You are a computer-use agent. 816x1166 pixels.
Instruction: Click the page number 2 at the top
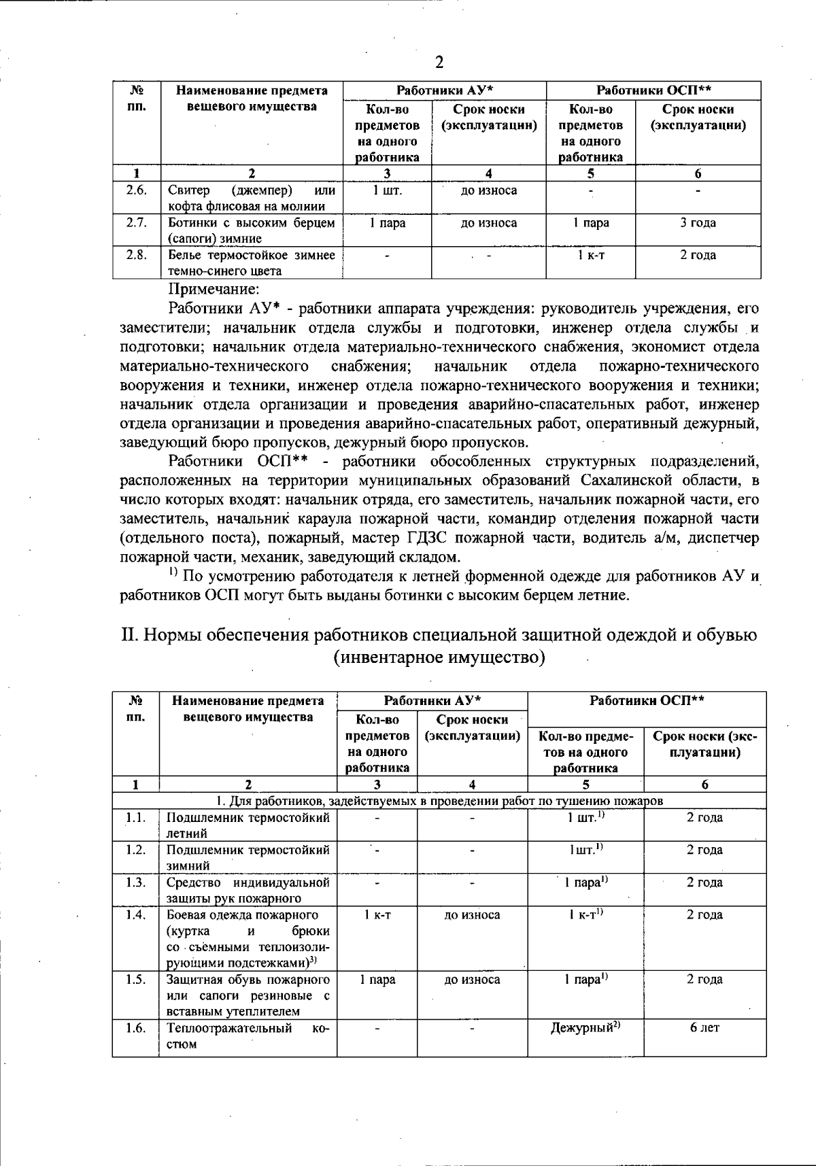pyautogui.click(x=439, y=63)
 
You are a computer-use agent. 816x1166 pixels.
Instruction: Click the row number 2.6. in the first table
pyautogui.click(x=137, y=190)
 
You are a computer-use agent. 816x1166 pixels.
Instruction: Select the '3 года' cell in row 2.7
pyautogui.click(x=698, y=223)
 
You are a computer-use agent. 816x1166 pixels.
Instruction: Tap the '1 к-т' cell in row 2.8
pyautogui.click(x=590, y=256)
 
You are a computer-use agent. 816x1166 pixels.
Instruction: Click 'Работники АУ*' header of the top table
pyautogui.click(x=445, y=90)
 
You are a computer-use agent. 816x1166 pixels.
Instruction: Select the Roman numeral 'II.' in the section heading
pyautogui.click(x=129, y=635)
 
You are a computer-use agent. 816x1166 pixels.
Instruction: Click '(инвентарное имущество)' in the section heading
pyautogui.click(x=439, y=658)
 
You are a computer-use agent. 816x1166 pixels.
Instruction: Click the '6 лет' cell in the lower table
pyautogui.click(x=704, y=1028)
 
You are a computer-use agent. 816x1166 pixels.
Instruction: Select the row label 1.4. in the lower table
pyautogui.click(x=136, y=915)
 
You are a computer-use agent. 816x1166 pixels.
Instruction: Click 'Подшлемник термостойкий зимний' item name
pyautogui.click(x=248, y=857)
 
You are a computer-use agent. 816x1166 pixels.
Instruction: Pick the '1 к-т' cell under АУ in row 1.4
pyautogui.click(x=377, y=915)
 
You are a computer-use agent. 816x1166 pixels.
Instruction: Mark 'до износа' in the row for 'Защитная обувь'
pyautogui.click(x=472, y=980)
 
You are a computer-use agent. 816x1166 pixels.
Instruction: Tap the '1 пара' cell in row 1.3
pyautogui.click(x=585, y=882)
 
